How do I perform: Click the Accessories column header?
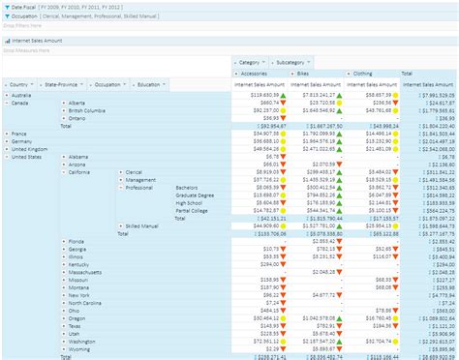pos(256,73)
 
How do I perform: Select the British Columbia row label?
pos(88,110)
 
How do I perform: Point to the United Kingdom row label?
pos(29,148)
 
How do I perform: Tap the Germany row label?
pos(22,140)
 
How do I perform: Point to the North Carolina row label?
pos(87,301)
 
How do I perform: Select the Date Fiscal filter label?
pos(24,5)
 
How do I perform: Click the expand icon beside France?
pos(5,134)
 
